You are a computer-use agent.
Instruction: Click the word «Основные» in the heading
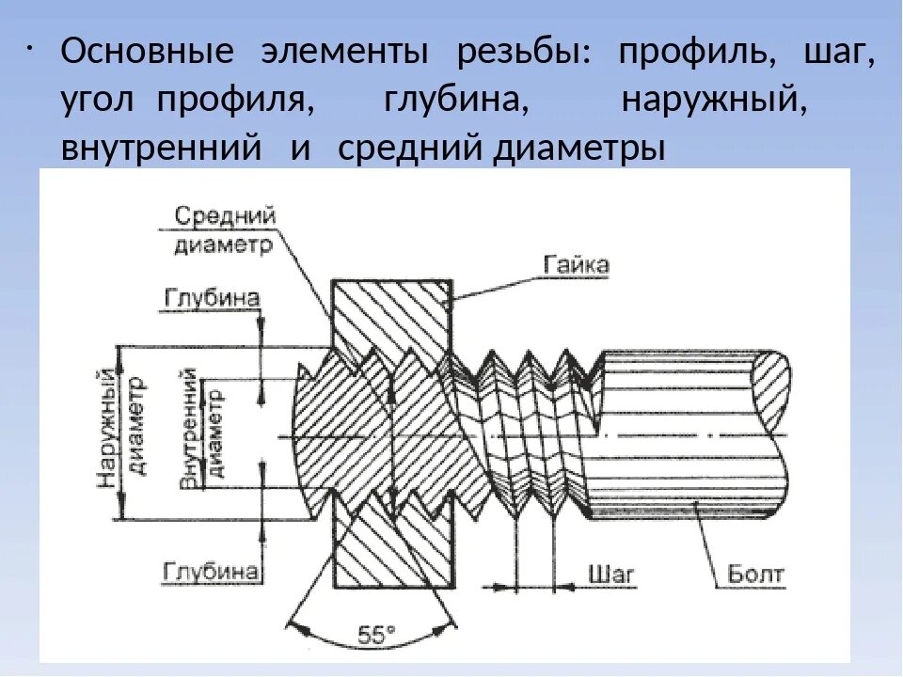148,53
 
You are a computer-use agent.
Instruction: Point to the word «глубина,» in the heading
457,100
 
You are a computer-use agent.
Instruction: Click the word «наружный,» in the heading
715,100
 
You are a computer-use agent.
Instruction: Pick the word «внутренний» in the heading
160,148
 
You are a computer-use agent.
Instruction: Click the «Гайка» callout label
576,265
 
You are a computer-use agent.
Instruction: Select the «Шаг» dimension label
611,573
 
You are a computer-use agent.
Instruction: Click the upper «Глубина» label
212,298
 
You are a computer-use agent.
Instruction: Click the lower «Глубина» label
212,571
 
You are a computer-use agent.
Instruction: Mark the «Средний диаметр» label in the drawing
224,230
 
